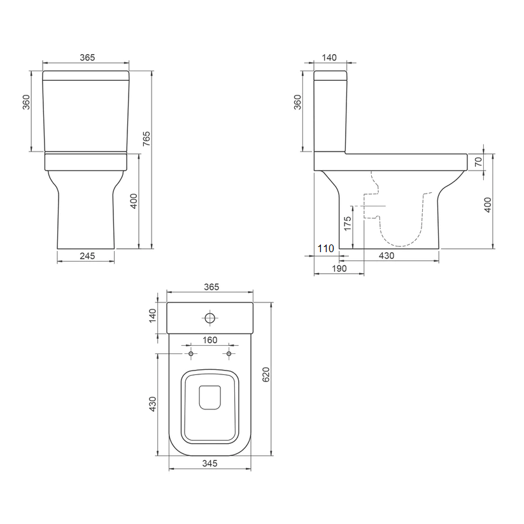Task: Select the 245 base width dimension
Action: pos(87,256)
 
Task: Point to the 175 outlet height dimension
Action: pos(348,222)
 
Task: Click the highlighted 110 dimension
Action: pos(325,248)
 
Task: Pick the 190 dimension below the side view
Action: pos(339,269)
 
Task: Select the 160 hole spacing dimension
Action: pos(209,340)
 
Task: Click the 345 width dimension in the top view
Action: pos(209,464)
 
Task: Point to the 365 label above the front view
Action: pos(87,57)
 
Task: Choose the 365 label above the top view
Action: pos(210,287)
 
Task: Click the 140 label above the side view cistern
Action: pos(329,57)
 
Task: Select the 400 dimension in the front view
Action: pos(134,201)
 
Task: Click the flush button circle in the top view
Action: pos(209,317)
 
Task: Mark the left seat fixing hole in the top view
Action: pos(190,353)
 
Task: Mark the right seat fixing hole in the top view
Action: pos(229,353)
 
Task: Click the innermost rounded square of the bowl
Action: pos(209,398)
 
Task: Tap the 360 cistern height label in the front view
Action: pos(27,103)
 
